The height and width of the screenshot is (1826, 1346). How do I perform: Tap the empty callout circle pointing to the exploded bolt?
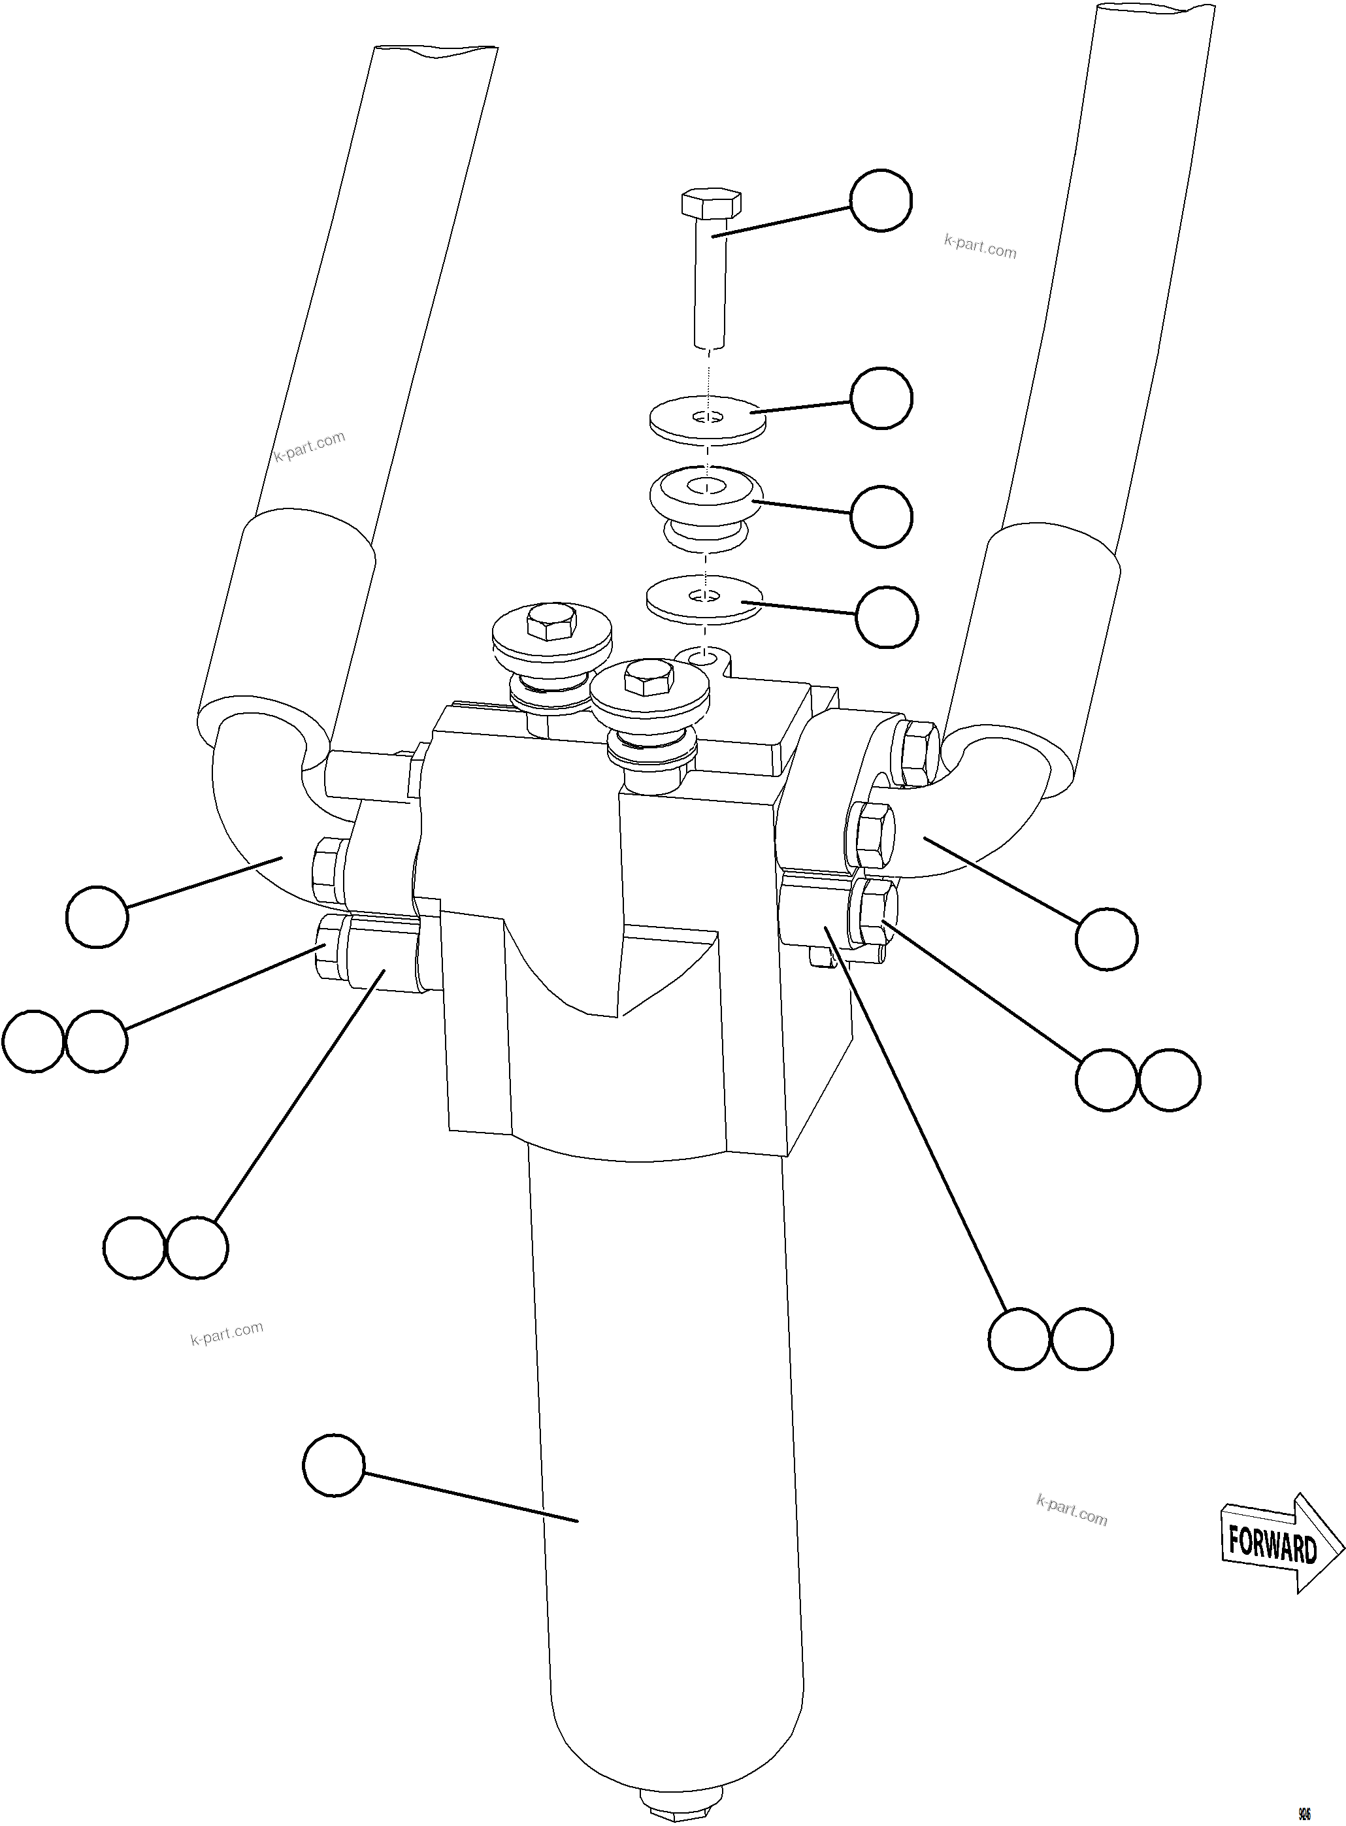(x=880, y=201)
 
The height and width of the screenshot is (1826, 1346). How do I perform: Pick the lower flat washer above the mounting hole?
(x=704, y=601)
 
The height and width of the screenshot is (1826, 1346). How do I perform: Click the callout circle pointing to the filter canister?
(x=333, y=1465)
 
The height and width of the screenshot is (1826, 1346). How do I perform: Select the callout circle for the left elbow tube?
(x=97, y=917)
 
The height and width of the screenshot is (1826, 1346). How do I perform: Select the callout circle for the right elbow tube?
(x=1106, y=938)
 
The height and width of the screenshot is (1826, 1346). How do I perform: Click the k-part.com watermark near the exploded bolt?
(x=980, y=246)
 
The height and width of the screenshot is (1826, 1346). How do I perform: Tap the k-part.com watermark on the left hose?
(x=310, y=446)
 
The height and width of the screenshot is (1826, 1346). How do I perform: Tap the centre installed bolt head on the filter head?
(x=648, y=678)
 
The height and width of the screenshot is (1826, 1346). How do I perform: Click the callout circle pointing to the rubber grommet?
(x=880, y=516)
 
